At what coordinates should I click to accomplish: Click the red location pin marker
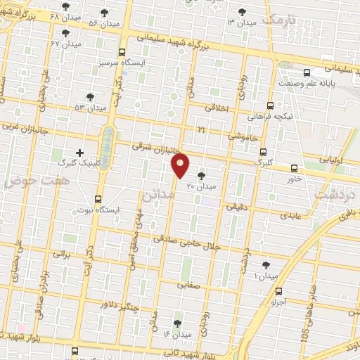[x=181, y=165]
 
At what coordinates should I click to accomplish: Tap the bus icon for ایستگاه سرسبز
[x=123, y=52]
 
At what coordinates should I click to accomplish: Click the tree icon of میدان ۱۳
[x=243, y=12]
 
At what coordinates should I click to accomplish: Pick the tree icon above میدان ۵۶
[x=105, y=13]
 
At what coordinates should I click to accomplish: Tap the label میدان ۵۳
[x=90, y=108]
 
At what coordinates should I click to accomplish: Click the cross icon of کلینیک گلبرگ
[x=79, y=153]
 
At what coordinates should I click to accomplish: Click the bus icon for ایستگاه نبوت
[x=98, y=199]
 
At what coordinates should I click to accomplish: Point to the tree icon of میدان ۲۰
[x=202, y=176]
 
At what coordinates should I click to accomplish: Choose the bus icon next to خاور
[x=294, y=168]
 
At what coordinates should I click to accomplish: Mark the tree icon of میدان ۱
[x=265, y=265]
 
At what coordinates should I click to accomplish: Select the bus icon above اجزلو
[x=279, y=290]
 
